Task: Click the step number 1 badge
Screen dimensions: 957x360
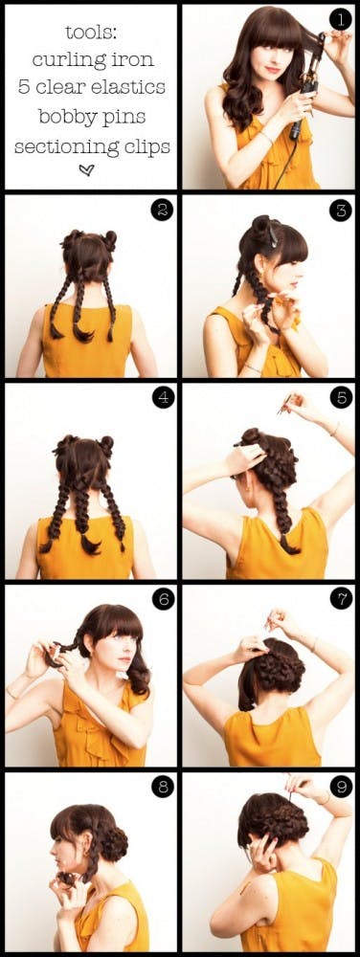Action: click(338, 19)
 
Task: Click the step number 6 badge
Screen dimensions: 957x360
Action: click(162, 599)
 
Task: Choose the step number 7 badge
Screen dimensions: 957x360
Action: click(338, 599)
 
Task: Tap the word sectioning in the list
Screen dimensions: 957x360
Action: click(60, 146)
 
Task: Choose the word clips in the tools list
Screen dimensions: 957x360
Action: click(142, 146)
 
